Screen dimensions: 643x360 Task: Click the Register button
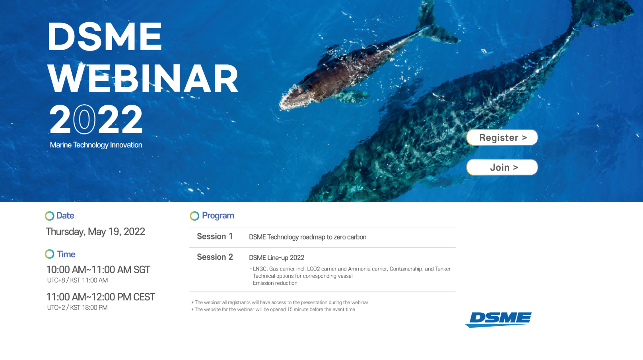502,138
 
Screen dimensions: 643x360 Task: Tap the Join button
502,167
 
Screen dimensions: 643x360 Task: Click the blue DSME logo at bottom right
498,319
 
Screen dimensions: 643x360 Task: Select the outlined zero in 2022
84,119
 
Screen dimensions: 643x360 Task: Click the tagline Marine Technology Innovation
96,145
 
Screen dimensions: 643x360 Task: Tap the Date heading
65,216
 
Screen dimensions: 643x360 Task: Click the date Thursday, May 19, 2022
95,232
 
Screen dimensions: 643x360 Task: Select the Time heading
66,254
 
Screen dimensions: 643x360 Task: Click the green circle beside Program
194,216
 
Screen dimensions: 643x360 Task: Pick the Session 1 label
215,236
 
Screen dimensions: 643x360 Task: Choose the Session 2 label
215,257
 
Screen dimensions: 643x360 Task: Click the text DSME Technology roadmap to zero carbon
308,237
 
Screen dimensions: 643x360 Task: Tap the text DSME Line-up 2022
276,258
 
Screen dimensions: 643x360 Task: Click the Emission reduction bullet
273,283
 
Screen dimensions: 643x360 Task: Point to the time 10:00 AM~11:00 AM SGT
98,270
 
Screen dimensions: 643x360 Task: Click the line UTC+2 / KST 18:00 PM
78,308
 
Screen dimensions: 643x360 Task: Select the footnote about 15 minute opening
273,309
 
